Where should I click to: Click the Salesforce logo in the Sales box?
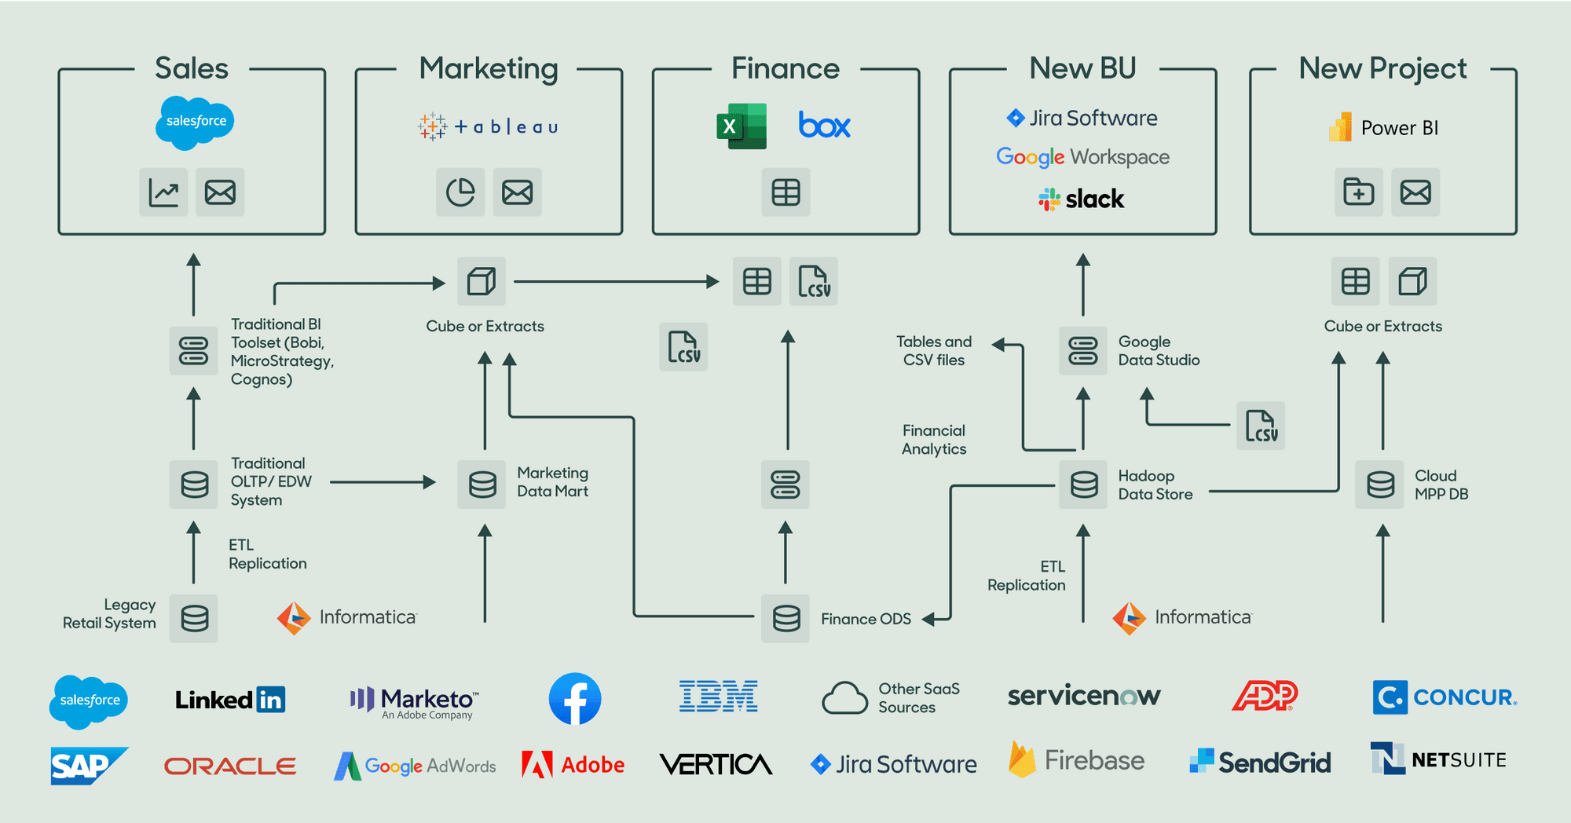(195, 123)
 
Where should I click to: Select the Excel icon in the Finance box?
(741, 126)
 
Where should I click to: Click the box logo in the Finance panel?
(824, 126)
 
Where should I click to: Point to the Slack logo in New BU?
(1082, 199)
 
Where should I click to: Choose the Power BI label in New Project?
(1398, 128)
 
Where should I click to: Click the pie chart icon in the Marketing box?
(460, 192)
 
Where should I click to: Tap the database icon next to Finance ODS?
(785, 619)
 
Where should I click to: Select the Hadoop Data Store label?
(1155, 485)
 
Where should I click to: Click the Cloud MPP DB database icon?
(1380, 485)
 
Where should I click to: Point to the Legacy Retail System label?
(110, 613)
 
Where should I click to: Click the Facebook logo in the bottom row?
(575, 699)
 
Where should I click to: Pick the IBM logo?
(718, 697)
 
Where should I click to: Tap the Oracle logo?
(229, 766)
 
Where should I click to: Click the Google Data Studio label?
(1158, 351)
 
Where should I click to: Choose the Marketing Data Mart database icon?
(482, 485)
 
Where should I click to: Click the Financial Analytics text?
(933, 440)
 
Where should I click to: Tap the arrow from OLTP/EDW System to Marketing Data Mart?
(383, 482)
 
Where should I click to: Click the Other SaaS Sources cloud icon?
(844, 697)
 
